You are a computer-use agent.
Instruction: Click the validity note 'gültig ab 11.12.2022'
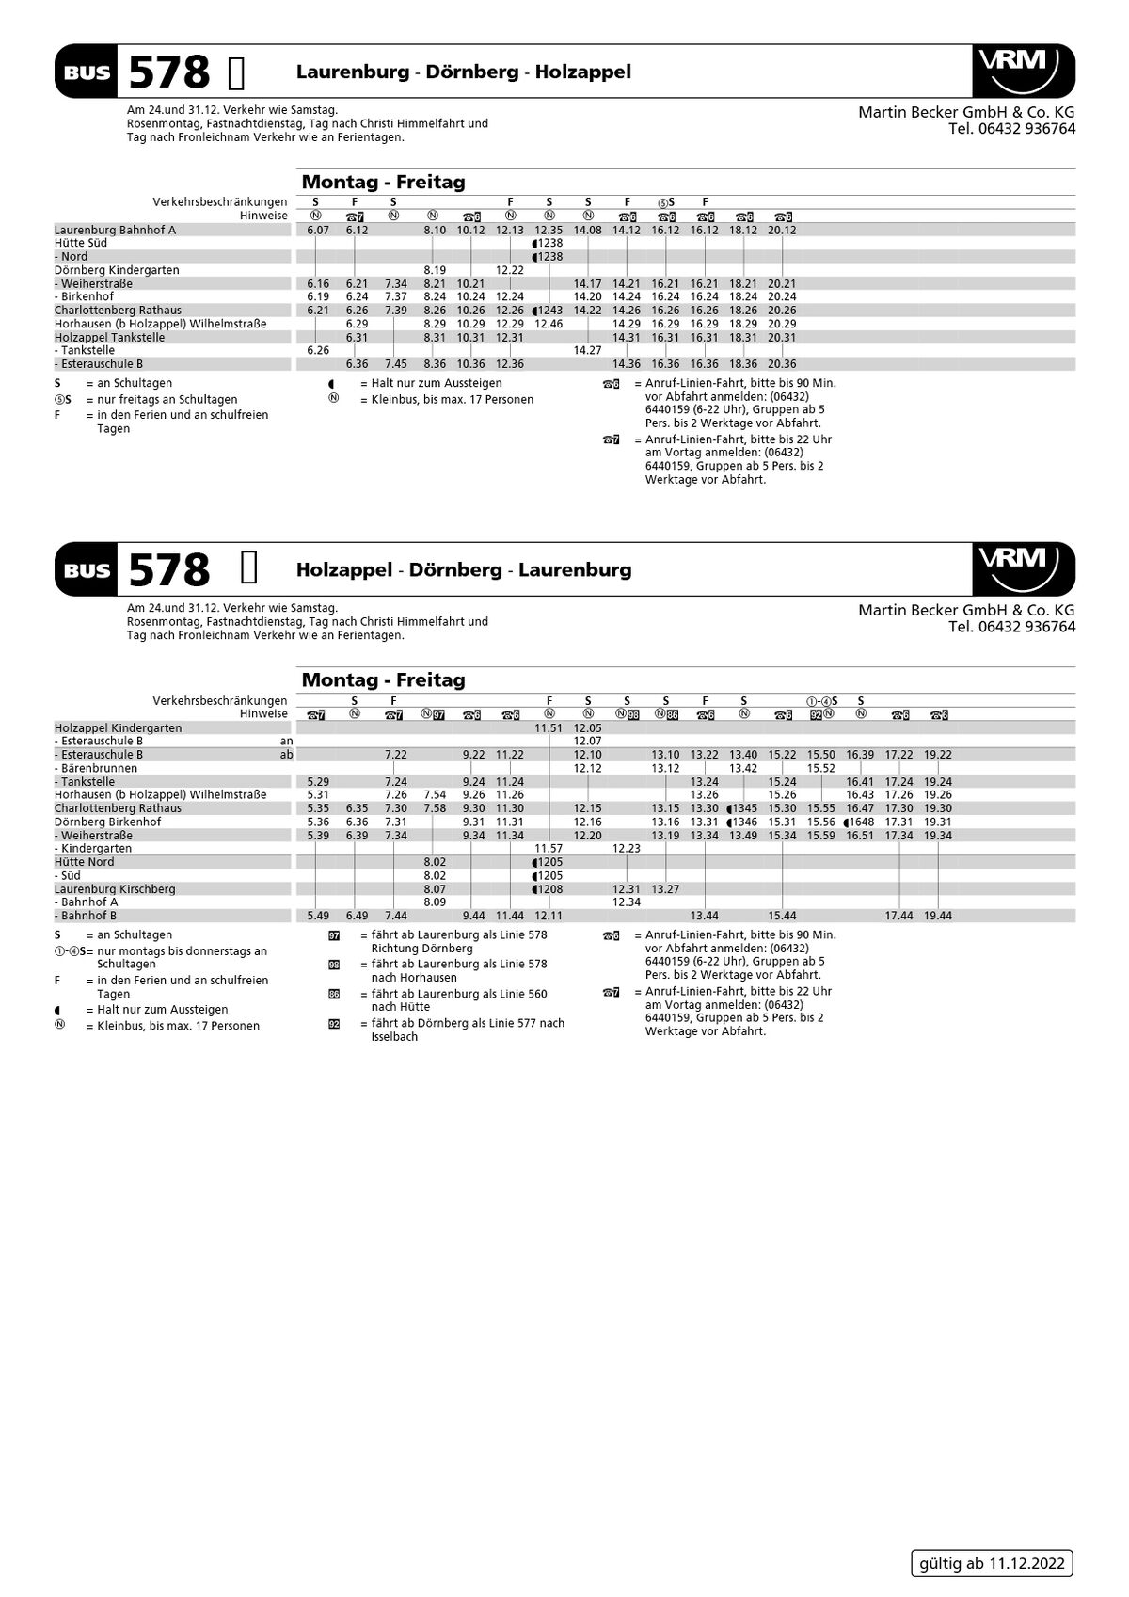992,1563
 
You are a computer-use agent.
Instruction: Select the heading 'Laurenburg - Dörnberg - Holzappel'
463,72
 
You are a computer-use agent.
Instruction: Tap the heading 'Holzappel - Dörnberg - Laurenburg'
463,570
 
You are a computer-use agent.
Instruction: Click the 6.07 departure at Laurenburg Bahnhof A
318,230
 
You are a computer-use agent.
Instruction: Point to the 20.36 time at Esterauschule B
781,364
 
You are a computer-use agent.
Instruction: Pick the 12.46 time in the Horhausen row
549,324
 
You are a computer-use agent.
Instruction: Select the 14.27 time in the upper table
587,350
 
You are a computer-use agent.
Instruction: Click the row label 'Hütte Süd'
81,243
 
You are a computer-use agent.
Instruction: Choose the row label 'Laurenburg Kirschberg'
115,889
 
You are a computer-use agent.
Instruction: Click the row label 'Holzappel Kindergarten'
119,728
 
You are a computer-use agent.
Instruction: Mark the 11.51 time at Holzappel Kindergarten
549,728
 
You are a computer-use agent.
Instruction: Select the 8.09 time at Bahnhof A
434,902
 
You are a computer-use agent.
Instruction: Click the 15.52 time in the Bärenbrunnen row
820,768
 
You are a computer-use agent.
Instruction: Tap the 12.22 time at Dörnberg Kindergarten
509,270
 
